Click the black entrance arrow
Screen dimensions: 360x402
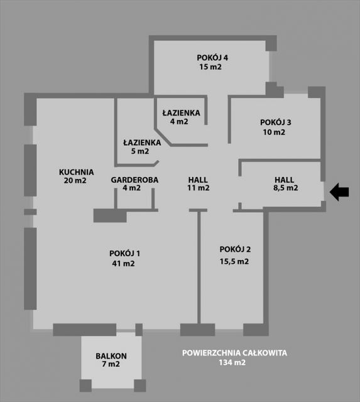(339, 192)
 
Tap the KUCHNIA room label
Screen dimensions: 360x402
(77, 172)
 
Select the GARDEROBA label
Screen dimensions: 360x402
(134, 180)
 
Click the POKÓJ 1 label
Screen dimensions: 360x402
(124, 253)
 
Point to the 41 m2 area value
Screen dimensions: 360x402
(123, 264)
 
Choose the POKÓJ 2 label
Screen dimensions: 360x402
(235, 249)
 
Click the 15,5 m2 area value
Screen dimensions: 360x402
(234, 261)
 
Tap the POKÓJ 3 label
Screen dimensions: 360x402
(276, 122)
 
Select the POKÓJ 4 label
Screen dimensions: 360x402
(212, 58)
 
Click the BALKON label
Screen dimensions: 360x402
(111, 356)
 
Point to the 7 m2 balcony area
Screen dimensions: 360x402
(111, 364)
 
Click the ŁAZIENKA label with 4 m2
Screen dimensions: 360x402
(182, 113)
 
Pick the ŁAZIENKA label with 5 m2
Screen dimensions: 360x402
(142, 143)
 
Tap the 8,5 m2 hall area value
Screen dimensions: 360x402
(286, 188)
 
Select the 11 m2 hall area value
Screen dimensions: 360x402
(198, 188)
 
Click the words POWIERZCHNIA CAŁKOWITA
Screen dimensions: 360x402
(234, 353)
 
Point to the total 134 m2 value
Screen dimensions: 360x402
(232, 362)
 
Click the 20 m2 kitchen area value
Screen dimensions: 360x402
(75, 180)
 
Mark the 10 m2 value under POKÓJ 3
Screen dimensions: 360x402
(274, 133)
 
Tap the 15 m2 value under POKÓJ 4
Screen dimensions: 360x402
(210, 67)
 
